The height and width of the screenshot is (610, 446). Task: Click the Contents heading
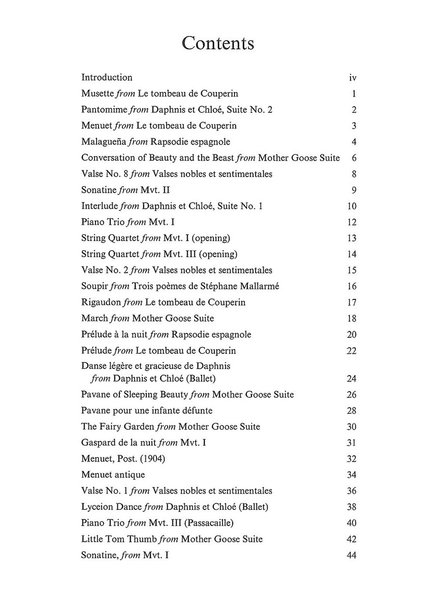tap(218, 43)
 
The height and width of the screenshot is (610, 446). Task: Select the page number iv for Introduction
tap(353, 78)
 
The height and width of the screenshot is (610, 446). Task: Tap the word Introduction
tap(107, 77)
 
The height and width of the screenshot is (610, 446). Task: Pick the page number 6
tap(354, 158)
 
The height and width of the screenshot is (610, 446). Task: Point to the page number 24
tap(352, 379)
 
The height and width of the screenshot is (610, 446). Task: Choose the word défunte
tap(195, 410)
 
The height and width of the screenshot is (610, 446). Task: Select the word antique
tap(130, 475)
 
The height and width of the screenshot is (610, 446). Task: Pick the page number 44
tap(352, 555)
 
